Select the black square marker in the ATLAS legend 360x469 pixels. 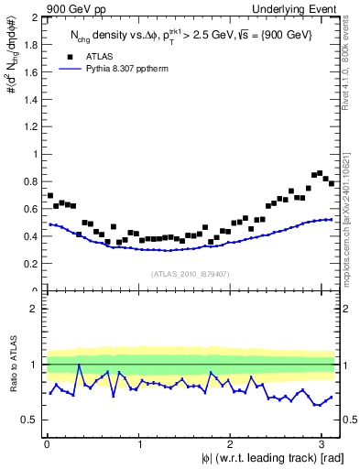(70, 57)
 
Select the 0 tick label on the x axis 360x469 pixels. (47, 443)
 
